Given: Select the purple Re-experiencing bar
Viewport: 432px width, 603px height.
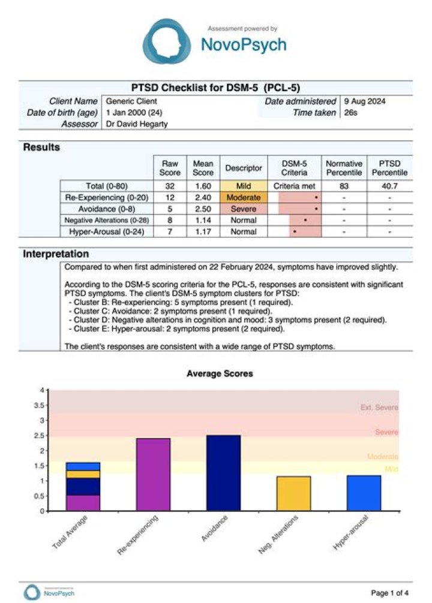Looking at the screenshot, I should click(x=152, y=474).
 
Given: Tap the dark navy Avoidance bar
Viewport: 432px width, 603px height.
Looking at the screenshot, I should click(x=223, y=473).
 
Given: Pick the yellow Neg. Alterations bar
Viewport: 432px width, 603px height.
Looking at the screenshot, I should click(x=293, y=493).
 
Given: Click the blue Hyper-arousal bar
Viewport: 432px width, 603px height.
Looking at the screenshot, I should click(x=364, y=493).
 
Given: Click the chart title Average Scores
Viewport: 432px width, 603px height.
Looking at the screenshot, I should click(x=220, y=373).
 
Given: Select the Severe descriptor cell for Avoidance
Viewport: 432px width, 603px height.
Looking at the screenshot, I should click(x=244, y=209).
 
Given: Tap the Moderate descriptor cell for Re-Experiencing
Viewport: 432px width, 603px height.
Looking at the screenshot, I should click(x=244, y=198).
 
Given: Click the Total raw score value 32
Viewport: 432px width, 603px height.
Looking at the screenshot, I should click(x=170, y=186).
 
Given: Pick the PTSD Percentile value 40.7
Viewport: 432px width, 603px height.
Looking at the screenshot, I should click(x=390, y=186).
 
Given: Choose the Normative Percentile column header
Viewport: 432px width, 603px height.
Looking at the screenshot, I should click(x=344, y=168).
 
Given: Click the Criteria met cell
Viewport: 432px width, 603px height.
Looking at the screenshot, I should click(x=294, y=186).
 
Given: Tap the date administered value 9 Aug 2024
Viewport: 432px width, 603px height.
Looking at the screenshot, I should click(x=365, y=101).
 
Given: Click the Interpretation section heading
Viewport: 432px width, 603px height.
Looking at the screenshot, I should click(x=56, y=254).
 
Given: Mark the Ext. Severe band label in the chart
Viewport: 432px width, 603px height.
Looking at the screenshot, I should click(x=379, y=408).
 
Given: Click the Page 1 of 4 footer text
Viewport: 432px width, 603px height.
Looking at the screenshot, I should click(x=390, y=593).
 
